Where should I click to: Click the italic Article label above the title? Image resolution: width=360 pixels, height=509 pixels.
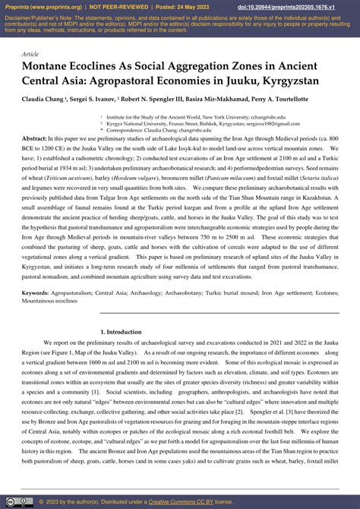click(x=30, y=55)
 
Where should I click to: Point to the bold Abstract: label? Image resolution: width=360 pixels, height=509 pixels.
click(x=34, y=140)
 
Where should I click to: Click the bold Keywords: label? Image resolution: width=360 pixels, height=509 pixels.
click(x=36, y=292)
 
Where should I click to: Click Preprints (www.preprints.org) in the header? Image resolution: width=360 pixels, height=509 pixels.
click(x=42, y=6)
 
